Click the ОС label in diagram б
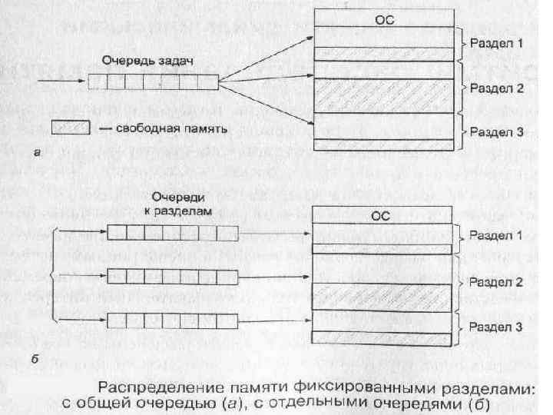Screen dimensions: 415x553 pyautogui.click(x=382, y=217)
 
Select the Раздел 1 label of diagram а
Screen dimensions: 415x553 pyautogui.click(x=496, y=44)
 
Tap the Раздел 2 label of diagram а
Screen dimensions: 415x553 pyautogui.click(x=496, y=88)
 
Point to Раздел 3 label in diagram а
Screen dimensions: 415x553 pyautogui.click(x=496, y=132)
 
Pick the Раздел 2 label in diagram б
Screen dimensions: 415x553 pyautogui.click(x=495, y=283)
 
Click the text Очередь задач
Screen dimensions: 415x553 pyautogui.click(x=144, y=60)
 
